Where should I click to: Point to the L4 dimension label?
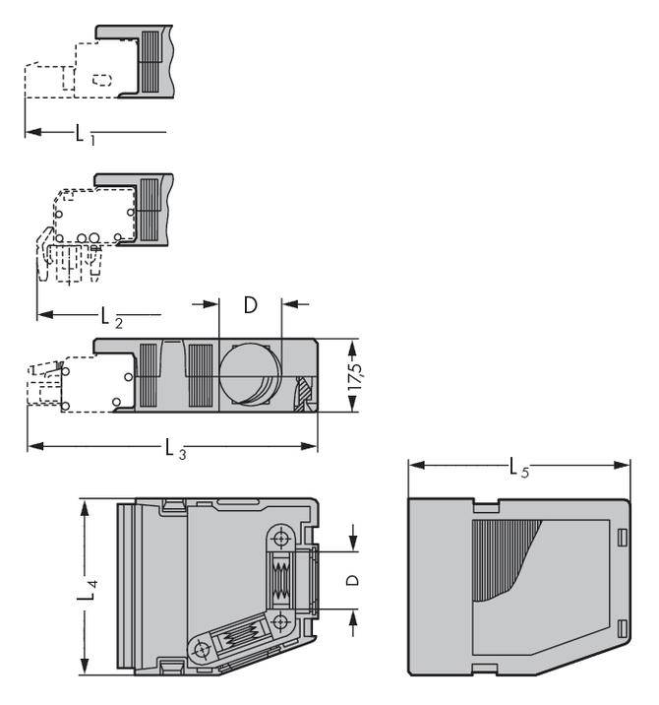[87, 589]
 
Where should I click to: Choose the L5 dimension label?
[519, 469]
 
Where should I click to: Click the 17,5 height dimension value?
[355, 377]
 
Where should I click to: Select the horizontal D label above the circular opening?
[250, 305]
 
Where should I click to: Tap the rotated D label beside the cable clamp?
[352, 580]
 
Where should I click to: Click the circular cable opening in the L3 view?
[249, 376]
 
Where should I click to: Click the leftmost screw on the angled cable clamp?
[203, 651]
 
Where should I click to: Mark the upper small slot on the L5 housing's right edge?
[622, 536]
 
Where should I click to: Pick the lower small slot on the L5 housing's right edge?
[622, 629]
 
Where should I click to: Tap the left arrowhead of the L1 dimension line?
[30, 132]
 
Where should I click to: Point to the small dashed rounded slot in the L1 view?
[100, 80]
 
